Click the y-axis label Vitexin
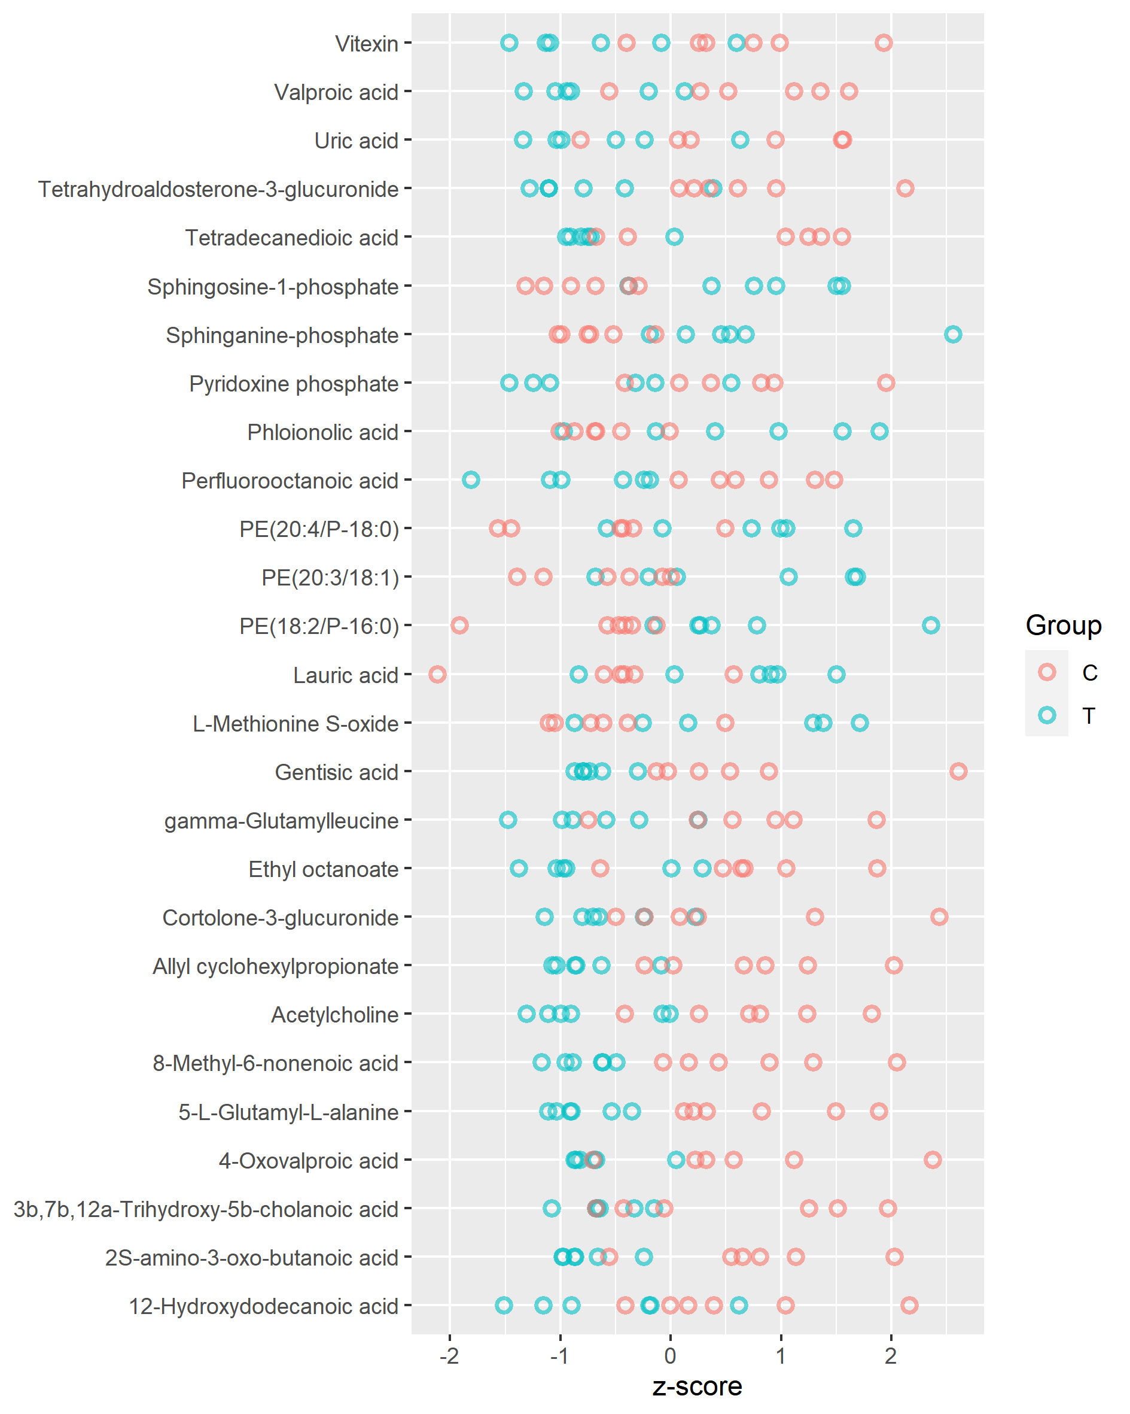pyautogui.click(x=367, y=44)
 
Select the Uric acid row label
pyautogui.click(x=356, y=141)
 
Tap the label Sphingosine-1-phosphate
pyautogui.click(x=273, y=287)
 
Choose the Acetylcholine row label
pyautogui.click(x=335, y=1015)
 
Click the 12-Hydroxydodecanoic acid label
pyautogui.click(x=263, y=1306)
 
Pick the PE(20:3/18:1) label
pyautogui.click(x=330, y=578)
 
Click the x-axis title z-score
pyautogui.click(x=697, y=1386)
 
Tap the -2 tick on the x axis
pyautogui.click(x=449, y=1355)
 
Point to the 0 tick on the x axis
pyautogui.click(x=670, y=1355)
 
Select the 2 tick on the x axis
pyautogui.click(x=891, y=1355)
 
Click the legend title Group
pyautogui.click(x=1063, y=625)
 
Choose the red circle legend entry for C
pyautogui.click(x=1047, y=672)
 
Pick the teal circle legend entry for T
pyautogui.click(x=1047, y=715)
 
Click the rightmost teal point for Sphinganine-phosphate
pyautogui.click(x=953, y=335)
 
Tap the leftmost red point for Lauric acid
pyautogui.click(x=437, y=674)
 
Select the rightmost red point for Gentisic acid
pyautogui.click(x=958, y=771)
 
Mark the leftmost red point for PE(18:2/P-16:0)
pyautogui.click(x=459, y=626)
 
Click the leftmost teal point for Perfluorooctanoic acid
pyautogui.click(x=471, y=480)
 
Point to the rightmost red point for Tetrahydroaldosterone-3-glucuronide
pyautogui.click(x=905, y=189)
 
